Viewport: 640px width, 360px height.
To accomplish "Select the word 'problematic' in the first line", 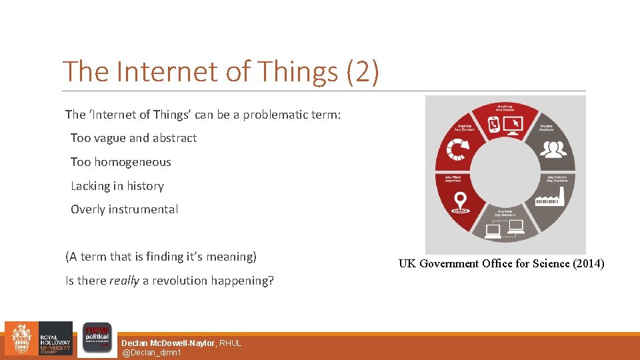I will pos(275,115).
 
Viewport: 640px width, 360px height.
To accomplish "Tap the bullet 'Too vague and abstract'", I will pos(133,138).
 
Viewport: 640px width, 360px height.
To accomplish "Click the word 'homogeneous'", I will pos(132,162).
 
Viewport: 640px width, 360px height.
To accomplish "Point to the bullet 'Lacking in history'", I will pos(117,186).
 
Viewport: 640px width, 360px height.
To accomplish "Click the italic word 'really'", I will pos(124,281).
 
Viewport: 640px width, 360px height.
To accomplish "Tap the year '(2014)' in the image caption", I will pos(589,263).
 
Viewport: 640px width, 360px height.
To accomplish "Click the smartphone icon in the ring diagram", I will pos(493,124).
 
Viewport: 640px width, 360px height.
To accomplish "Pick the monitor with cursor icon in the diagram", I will pos(513,124).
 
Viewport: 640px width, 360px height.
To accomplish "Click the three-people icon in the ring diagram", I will pos(552,150).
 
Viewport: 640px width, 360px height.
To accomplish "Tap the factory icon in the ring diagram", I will pos(551,198).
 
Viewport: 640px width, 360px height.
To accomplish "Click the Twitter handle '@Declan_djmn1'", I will pos(151,352).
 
